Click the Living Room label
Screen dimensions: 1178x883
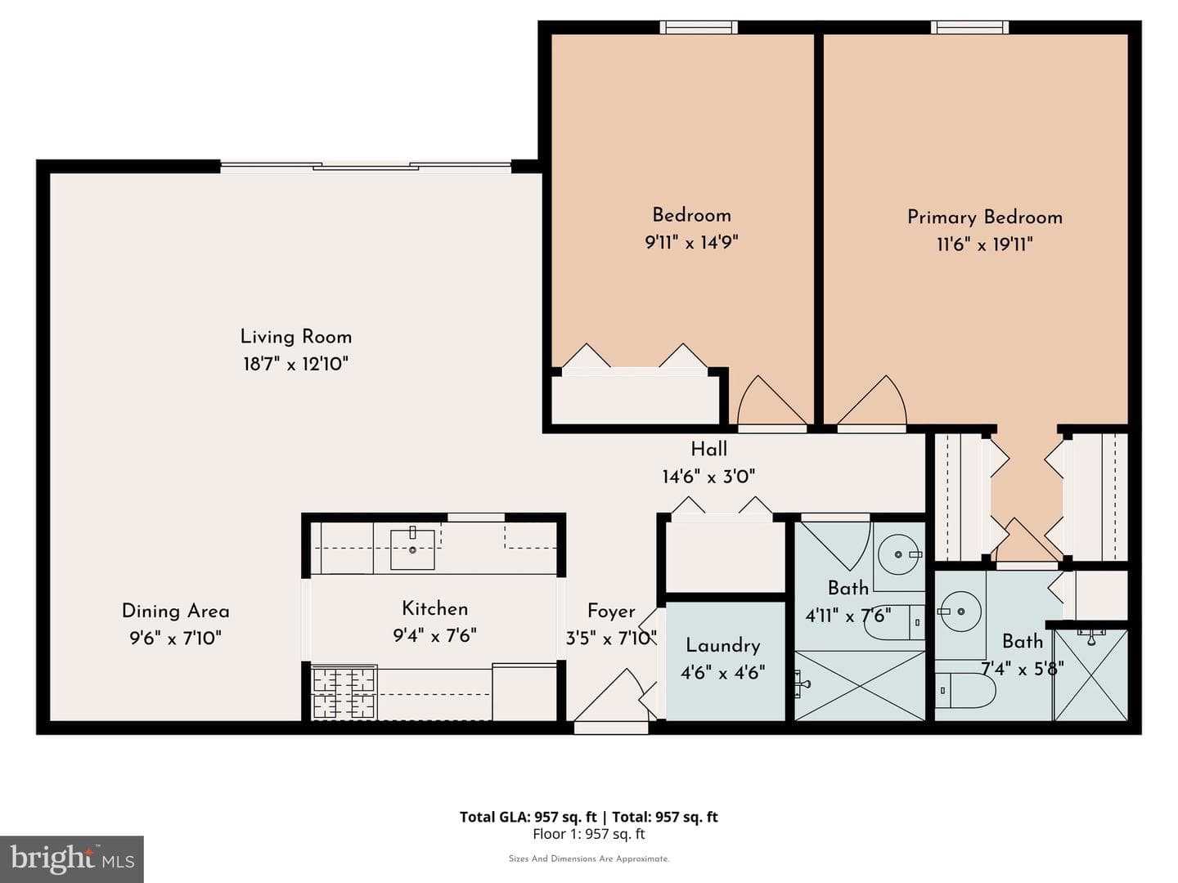click(295, 337)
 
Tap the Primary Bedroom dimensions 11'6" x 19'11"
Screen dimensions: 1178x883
click(985, 244)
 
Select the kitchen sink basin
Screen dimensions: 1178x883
click(412, 549)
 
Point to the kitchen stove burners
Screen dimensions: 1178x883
click(344, 693)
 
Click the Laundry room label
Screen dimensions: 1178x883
click(723, 646)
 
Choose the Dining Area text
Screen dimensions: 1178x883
click(176, 612)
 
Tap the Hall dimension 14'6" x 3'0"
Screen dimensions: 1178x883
click(708, 476)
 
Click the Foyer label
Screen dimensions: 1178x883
click(611, 612)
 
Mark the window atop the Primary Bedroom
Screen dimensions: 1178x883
click(969, 27)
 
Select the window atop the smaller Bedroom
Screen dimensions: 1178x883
click(699, 27)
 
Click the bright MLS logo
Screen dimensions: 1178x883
click(71, 859)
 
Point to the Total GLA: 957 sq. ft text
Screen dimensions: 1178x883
click(528, 817)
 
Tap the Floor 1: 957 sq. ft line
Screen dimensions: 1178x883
click(589, 834)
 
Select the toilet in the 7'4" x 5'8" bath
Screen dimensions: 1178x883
click(965, 691)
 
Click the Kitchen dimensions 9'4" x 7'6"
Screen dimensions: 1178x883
click(434, 636)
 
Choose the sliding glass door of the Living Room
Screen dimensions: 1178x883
click(366, 166)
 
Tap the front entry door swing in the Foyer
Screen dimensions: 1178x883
click(611, 697)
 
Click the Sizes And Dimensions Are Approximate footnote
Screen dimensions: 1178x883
click(589, 858)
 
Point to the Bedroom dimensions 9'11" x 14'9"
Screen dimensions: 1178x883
click(691, 242)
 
